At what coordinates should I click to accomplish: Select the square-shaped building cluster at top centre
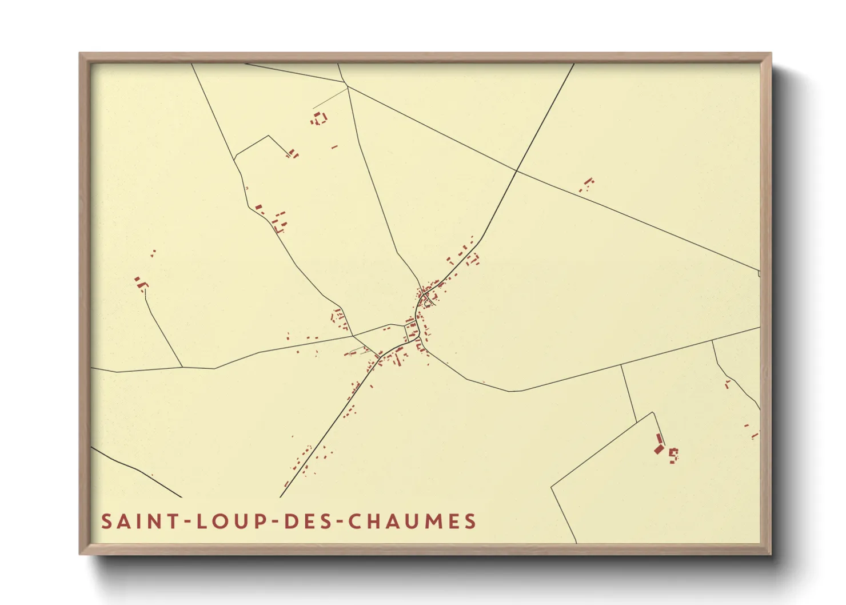pyautogui.click(x=319, y=119)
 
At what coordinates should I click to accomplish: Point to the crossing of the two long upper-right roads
pyautogui.click(x=517, y=170)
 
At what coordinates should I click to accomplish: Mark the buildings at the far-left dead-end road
pyautogui.click(x=141, y=283)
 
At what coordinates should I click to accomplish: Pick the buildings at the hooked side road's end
pyautogui.click(x=293, y=153)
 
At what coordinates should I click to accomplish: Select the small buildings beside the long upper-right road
pyautogui.click(x=587, y=184)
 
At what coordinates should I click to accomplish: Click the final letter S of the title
pyautogui.click(x=470, y=522)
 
